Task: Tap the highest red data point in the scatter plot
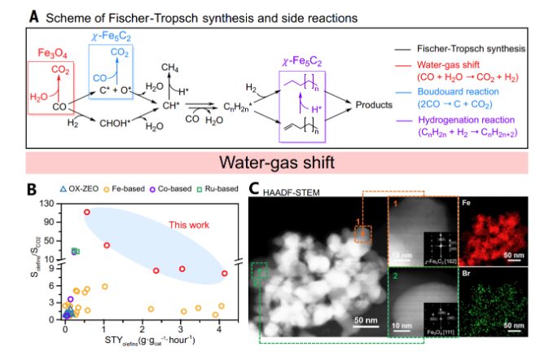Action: (x=87, y=213)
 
